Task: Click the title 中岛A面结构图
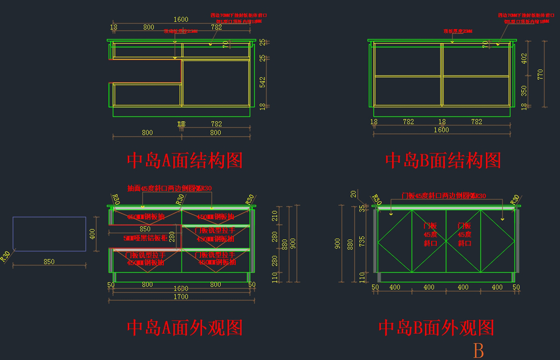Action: pos(185,160)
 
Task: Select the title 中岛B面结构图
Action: pos(443,160)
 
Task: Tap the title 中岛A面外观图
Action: pos(185,328)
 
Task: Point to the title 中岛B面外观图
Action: pos(436,328)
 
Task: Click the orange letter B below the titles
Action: pos(478,350)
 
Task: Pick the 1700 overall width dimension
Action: pos(181,297)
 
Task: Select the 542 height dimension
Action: pos(262,82)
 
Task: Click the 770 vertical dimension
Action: pos(540,74)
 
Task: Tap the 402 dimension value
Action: pos(524,58)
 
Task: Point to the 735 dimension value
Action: pos(362,241)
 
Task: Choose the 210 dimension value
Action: pos(274,216)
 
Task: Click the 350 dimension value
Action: pos(524,90)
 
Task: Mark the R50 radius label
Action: pos(250,199)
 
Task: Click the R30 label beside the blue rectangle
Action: pos(6,256)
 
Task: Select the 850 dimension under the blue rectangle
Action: pos(49,262)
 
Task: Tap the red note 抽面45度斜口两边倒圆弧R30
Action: pos(169,188)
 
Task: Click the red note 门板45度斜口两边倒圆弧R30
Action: pos(444,196)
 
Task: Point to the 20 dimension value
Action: pos(353,194)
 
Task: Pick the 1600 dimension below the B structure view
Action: pos(441,130)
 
